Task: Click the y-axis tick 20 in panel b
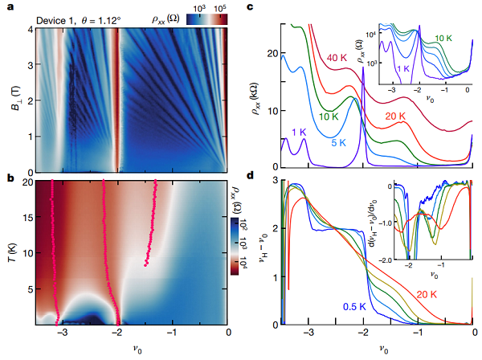click(x=23, y=182)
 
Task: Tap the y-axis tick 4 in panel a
click(x=27, y=30)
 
